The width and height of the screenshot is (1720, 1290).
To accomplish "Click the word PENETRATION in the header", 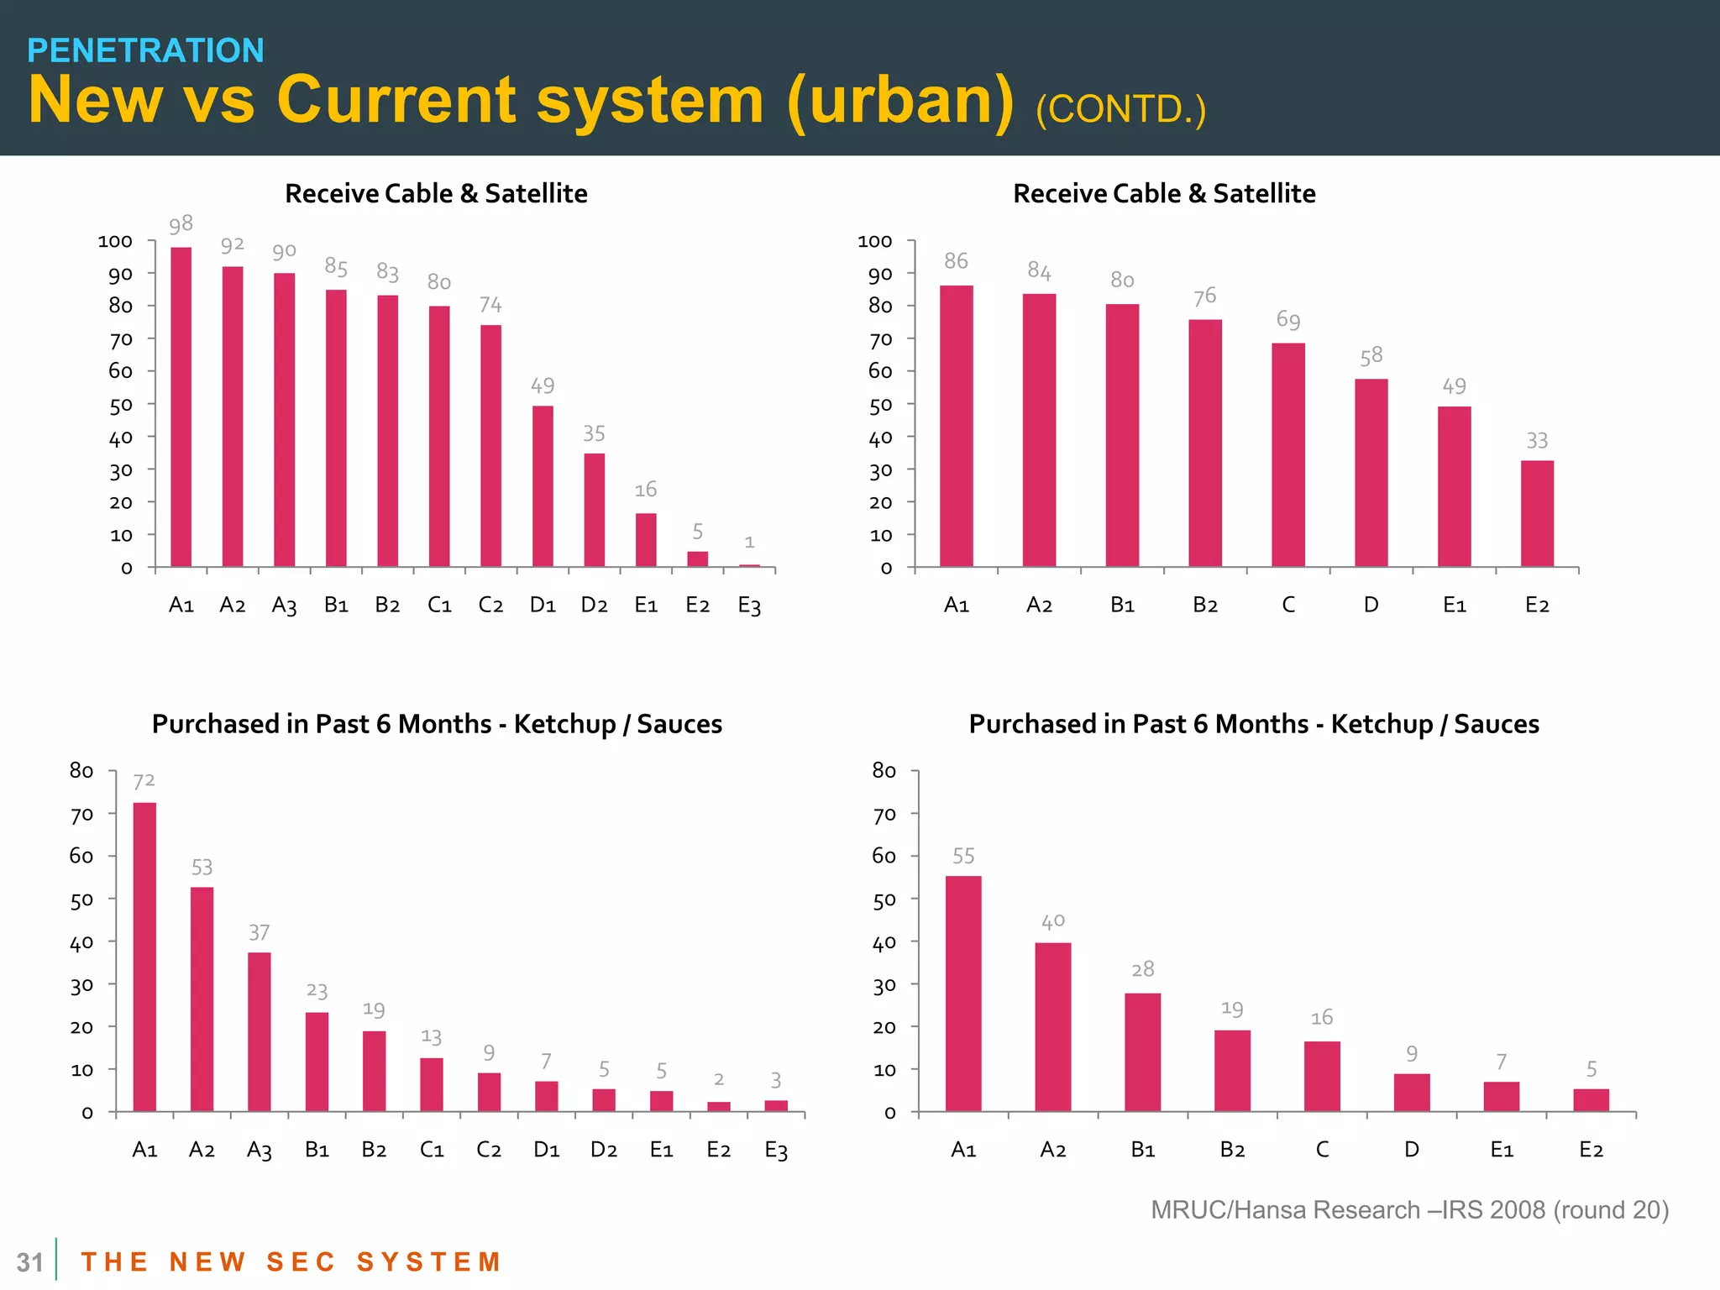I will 145,50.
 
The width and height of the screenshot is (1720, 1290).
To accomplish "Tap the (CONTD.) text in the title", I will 1120,109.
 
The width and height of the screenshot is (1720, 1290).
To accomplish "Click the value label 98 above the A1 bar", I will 181,224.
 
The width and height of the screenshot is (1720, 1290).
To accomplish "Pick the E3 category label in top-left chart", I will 749,606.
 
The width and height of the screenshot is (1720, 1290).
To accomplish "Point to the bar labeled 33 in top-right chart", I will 1537,513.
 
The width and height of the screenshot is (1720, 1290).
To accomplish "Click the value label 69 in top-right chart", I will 1288,319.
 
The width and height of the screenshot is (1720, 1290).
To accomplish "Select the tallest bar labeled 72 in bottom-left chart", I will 144,957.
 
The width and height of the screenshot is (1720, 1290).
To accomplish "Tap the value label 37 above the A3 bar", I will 259,932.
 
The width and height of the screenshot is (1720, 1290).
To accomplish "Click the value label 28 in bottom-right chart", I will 1142,969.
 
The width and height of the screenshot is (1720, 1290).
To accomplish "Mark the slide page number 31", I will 29,1262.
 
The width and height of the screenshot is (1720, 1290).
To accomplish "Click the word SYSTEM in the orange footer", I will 429,1261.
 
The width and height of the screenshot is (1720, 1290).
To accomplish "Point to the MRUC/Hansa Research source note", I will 1409,1209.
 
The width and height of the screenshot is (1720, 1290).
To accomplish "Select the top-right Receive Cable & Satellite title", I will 1164,193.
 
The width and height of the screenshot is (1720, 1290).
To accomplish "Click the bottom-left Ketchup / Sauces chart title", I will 437,724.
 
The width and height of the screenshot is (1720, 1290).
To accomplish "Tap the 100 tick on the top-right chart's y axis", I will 874,241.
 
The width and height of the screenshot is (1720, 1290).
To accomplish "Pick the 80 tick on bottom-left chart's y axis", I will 81,770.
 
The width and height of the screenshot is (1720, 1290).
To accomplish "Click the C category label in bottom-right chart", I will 1322,1149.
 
